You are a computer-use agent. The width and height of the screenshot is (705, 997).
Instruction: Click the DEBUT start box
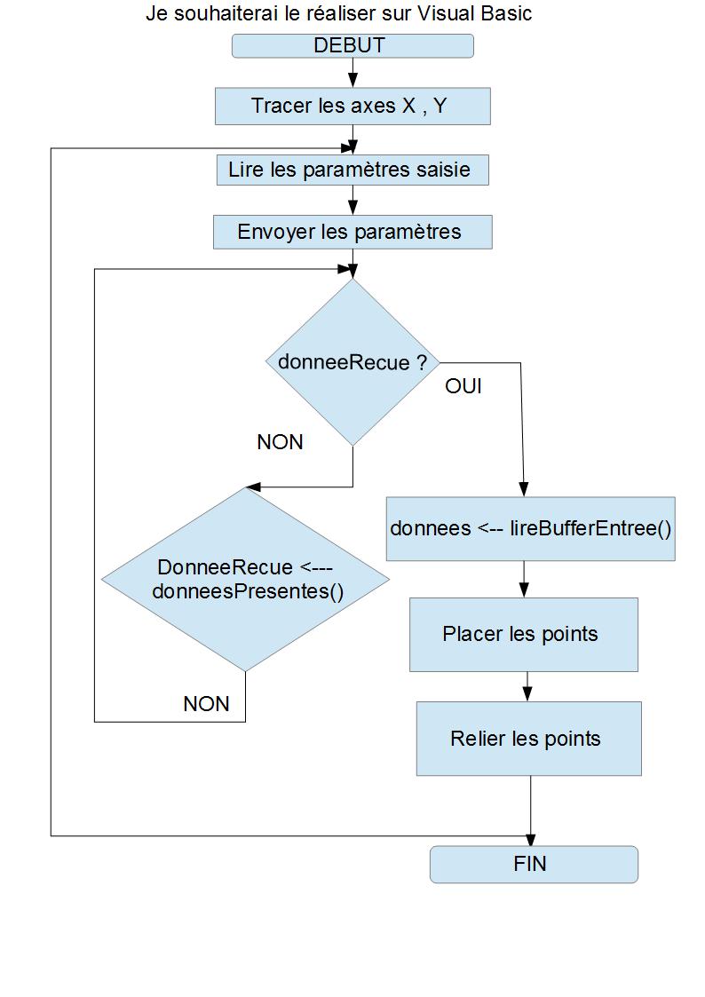(352, 46)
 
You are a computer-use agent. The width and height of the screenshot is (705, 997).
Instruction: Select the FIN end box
(534, 864)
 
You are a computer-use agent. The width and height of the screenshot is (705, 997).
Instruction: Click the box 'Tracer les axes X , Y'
(352, 106)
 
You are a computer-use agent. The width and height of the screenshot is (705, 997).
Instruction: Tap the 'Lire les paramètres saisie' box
(352, 169)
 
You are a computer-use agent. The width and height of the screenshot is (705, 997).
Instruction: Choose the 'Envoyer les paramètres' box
(352, 232)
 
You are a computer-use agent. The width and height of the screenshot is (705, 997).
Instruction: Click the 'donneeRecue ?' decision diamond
(352, 362)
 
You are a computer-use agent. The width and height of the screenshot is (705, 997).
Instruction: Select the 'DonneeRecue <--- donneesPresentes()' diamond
(245, 579)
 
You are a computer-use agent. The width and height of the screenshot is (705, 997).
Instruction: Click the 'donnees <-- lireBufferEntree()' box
(530, 528)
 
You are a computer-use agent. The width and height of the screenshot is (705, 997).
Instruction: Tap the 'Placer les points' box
(523, 634)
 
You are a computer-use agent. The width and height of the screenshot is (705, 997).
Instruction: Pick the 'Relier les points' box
(528, 738)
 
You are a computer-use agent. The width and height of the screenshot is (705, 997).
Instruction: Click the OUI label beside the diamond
(463, 387)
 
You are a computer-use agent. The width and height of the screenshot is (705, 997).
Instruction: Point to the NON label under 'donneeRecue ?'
(280, 442)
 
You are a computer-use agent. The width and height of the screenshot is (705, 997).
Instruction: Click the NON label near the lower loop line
(206, 704)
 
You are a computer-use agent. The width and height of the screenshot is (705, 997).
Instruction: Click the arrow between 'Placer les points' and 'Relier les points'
(528, 686)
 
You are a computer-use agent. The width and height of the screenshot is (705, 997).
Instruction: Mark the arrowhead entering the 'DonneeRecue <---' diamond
(252, 487)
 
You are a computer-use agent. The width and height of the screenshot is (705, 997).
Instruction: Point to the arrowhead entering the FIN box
(531, 840)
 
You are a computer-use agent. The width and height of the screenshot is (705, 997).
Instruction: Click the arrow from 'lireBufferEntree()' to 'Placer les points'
(524, 579)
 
